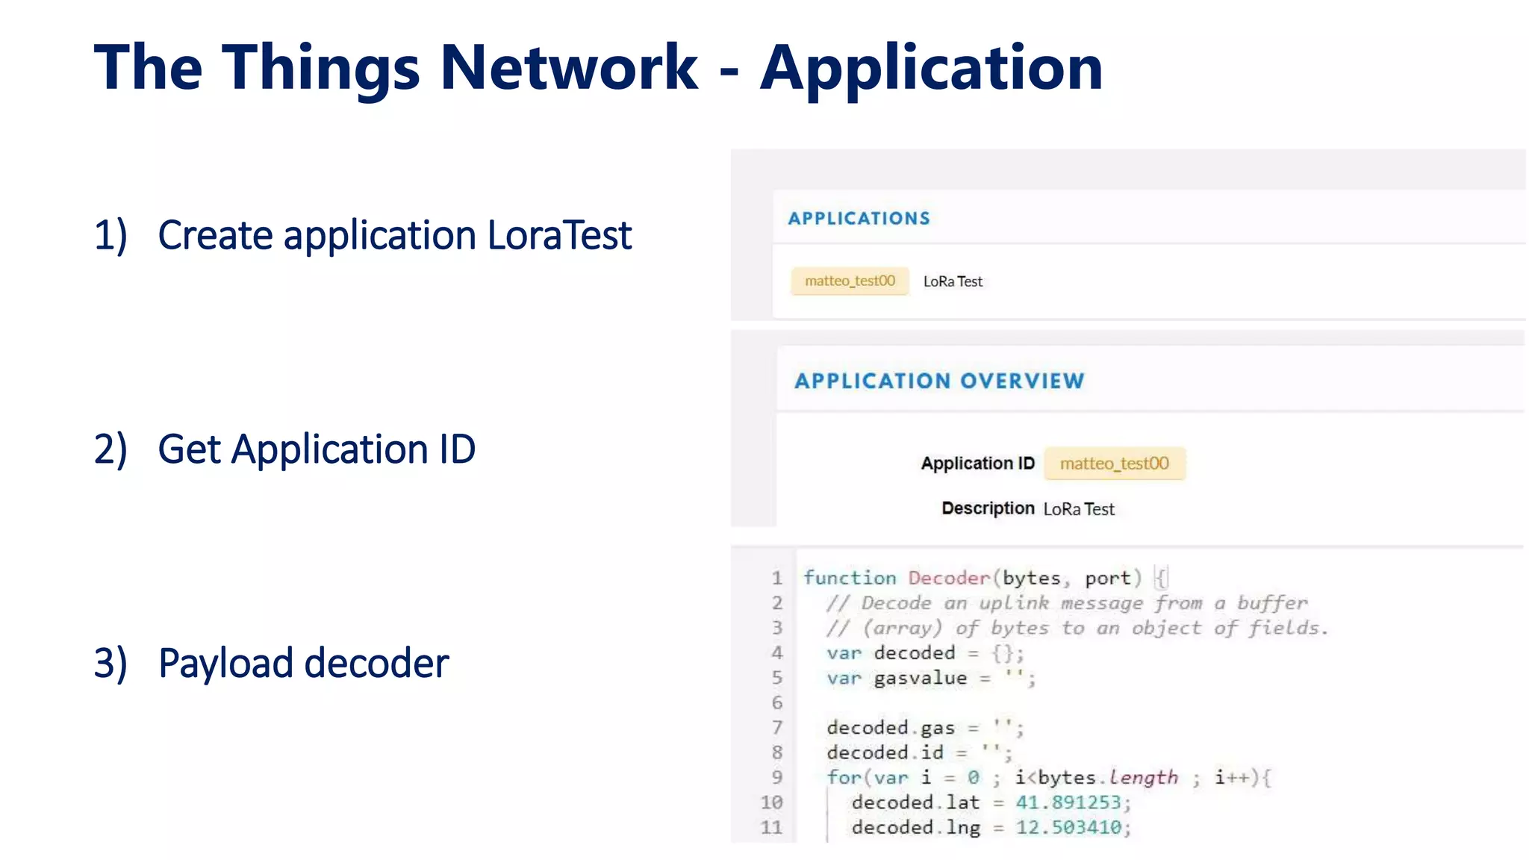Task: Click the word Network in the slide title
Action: coord(569,68)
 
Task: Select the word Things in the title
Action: coord(321,69)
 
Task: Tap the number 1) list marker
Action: coord(110,236)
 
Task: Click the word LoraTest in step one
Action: coord(559,236)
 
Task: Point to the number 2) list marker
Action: coord(110,450)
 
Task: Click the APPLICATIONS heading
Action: coord(859,219)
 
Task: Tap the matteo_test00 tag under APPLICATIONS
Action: coord(850,281)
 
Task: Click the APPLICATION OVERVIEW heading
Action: coord(939,381)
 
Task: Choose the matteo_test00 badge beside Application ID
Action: coord(1114,464)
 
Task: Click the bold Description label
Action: coord(988,508)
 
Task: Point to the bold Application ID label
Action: coord(977,464)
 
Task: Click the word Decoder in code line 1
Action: coord(949,579)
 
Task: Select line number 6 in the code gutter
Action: coord(777,703)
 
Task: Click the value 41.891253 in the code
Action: coord(1068,803)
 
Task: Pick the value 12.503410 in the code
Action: coord(1068,828)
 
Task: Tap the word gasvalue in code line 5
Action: coord(920,679)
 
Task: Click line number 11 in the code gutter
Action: coord(771,828)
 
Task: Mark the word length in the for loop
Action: coord(1143,778)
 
